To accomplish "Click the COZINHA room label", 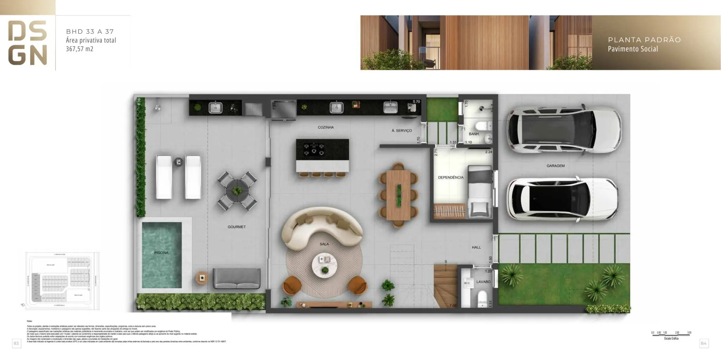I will coord(326,127).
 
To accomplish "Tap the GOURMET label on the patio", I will coord(237,227).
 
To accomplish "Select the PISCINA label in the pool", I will coord(161,253).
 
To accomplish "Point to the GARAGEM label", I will coord(556,166).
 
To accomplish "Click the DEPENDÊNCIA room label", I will coord(451,177).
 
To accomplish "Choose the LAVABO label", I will coord(483,282).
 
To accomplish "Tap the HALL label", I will coord(476,247).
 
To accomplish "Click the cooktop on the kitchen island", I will coord(314,149).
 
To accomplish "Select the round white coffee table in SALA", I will coord(325,265).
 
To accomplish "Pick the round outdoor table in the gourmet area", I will coord(237,191).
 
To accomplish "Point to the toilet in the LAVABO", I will coord(482,298).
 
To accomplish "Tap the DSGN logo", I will coord(27,43).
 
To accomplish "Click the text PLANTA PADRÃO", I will coord(644,40).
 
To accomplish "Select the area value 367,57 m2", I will coord(80,49).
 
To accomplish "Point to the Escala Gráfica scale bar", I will coord(671,334).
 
